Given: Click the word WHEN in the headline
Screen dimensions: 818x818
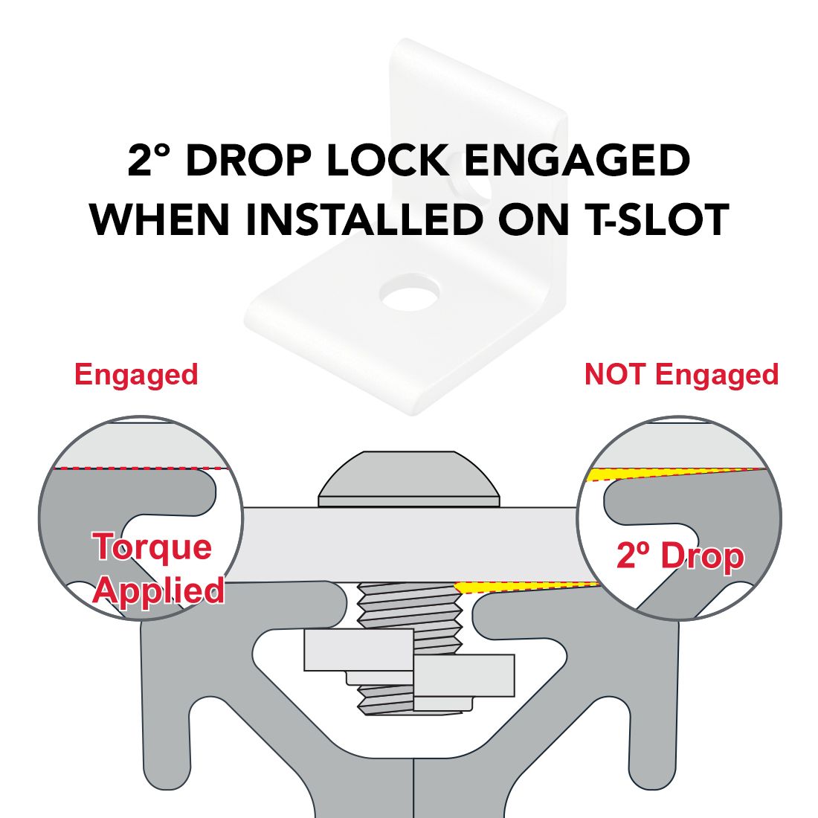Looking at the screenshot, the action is pos(160,219).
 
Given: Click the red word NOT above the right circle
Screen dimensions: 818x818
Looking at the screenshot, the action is pos(614,374).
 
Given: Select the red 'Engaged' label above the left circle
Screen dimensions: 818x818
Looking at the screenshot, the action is pos(136,376).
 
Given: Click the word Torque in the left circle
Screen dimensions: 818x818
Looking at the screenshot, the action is pos(153,547).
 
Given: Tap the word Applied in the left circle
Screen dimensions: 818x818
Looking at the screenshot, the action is pos(158,591).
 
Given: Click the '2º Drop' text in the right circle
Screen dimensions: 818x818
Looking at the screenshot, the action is pos(680,555).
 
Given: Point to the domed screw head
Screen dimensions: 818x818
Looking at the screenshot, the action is pos(409,479).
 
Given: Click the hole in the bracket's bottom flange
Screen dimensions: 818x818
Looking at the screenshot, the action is pos(409,292).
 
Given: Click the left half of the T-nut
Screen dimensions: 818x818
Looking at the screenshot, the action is pos(359,650).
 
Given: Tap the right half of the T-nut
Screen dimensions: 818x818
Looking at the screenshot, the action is pos(464,675).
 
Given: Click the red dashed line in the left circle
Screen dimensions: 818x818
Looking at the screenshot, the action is pos(141,468).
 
